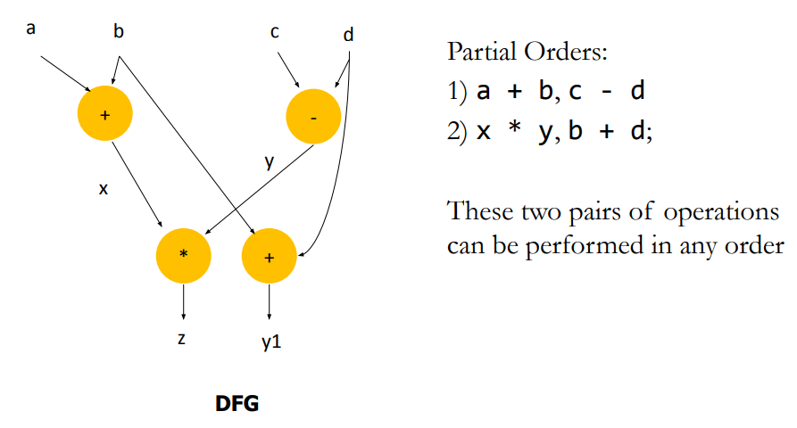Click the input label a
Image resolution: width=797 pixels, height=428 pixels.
[32, 29]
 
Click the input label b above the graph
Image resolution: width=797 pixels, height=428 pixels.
[119, 32]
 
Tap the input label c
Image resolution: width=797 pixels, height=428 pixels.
[275, 32]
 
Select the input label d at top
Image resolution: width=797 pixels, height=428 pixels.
[348, 36]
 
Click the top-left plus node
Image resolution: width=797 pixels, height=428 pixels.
[105, 115]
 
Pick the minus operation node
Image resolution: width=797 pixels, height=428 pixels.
[312, 117]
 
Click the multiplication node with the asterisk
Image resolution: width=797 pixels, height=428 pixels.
[183, 254]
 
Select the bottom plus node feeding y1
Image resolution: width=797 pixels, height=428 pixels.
[269, 257]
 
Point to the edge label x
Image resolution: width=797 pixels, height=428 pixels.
[104, 189]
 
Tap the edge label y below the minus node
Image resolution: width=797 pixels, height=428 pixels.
[269, 163]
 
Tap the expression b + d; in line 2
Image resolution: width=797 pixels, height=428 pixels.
[610, 132]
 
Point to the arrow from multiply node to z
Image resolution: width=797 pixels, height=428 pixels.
[183, 300]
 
